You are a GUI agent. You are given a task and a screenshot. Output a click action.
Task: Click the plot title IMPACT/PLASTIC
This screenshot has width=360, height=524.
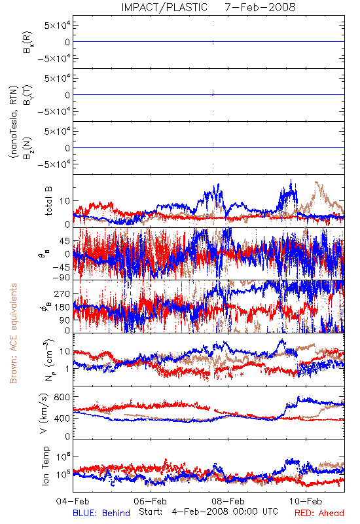(x=164, y=7)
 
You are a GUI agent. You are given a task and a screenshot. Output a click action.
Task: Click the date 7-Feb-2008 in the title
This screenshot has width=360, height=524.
(x=260, y=7)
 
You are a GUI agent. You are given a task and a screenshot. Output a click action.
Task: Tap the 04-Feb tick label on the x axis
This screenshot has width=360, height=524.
(x=73, y=501)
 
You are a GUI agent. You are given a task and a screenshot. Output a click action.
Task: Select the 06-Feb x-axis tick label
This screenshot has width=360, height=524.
(x=151, y=501)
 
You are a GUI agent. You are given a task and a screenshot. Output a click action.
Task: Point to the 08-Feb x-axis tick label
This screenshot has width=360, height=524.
(x=228, y=501)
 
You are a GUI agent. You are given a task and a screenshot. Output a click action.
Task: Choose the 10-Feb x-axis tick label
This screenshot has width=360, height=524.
(x=306, y=501)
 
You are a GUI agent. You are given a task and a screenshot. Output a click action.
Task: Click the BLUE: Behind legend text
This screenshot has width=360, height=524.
(x=101, y=513)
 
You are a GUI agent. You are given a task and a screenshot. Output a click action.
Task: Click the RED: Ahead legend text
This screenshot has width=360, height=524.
(x=319, y=513)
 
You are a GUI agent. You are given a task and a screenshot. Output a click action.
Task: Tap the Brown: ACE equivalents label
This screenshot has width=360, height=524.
(x=13, y=333)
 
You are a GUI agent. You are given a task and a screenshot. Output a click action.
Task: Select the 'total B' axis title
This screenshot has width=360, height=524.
(x=48, y=201)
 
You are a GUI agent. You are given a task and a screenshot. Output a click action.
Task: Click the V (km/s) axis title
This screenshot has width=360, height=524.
(x=44, y=413)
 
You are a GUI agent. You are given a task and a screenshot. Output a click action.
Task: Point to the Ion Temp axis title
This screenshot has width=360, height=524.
(x=45, y=466)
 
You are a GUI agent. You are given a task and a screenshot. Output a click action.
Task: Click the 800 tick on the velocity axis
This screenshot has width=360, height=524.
(x=62, y=397)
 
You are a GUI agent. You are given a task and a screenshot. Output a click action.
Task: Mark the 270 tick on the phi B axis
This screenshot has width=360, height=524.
(x=62, y=293)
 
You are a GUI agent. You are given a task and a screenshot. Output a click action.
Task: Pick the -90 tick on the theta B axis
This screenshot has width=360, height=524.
(x=61, y=277)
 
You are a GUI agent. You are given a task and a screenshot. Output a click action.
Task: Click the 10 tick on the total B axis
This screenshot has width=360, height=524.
(x=65, y=201)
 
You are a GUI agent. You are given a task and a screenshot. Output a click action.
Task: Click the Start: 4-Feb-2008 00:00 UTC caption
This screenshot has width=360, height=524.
(x=208, y=512)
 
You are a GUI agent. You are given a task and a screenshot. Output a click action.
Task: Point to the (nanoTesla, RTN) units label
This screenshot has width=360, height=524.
(x=13, y=122)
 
